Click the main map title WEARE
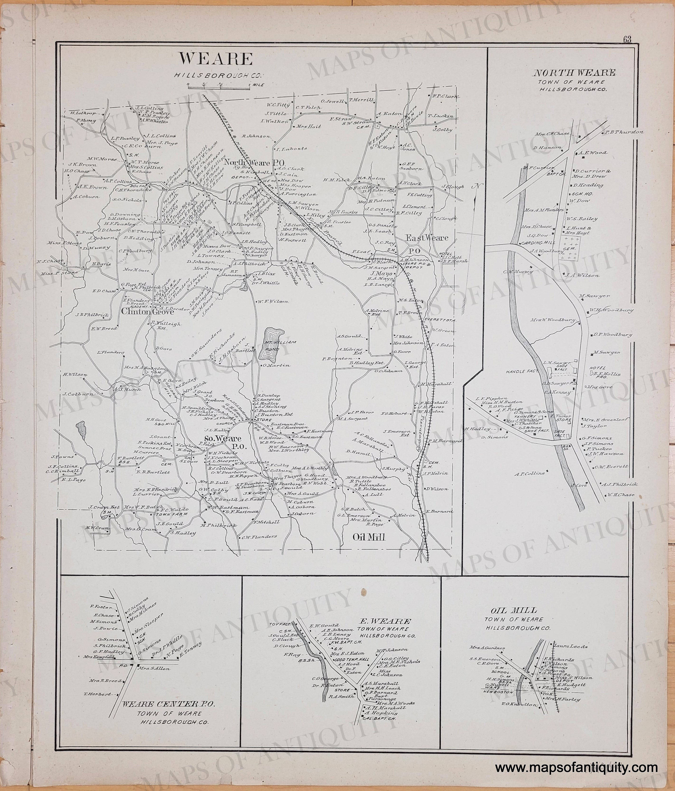pyautogui.click(x=216, y=60)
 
